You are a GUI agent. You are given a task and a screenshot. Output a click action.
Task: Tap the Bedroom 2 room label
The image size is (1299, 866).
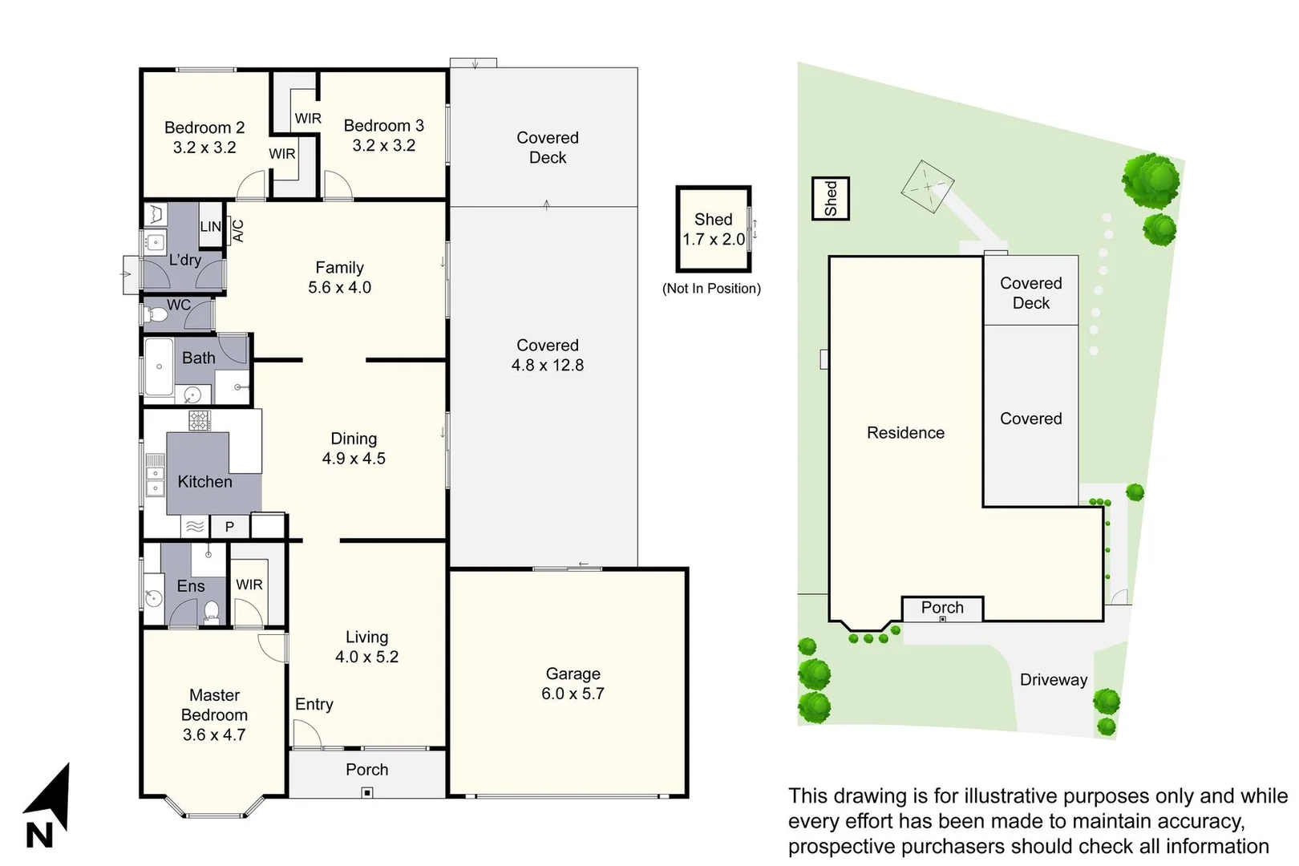[x=204, y=127]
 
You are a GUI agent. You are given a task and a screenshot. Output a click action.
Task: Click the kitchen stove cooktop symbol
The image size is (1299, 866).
[x=200, y=420]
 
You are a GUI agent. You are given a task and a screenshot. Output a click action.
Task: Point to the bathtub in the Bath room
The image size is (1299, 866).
[x=159, y=367]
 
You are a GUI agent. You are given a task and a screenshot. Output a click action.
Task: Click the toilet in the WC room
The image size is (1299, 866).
[x=156, y=315]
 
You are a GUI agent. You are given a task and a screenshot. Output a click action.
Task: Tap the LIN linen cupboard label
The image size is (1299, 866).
[x=210, y=227]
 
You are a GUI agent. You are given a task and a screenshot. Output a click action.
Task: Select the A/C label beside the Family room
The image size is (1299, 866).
[x=238, y=231]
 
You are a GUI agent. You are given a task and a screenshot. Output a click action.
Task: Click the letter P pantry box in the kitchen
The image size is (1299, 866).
[x=229, y=527]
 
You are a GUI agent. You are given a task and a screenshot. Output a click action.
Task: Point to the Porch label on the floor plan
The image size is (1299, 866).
[x=366, y=770]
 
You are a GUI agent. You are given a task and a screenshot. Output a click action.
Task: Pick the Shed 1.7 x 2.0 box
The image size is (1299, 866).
[x=714, y=229]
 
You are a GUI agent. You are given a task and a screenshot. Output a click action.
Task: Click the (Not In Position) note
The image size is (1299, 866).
[x=711, y=289]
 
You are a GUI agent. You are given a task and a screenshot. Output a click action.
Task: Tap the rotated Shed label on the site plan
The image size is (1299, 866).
[x=831, y=198]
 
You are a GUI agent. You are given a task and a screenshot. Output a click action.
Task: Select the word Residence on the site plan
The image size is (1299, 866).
[x=905, y=433]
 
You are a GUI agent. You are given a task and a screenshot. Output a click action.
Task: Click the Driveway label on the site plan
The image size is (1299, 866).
[x=1053, y=680]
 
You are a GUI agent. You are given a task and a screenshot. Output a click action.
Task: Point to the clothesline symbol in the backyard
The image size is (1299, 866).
[x=928, y=186]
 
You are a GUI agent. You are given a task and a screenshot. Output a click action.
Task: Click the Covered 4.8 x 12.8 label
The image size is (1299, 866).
[x=548, y=355]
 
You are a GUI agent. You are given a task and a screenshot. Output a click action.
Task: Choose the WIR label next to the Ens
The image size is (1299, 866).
[x=249, y=585]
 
